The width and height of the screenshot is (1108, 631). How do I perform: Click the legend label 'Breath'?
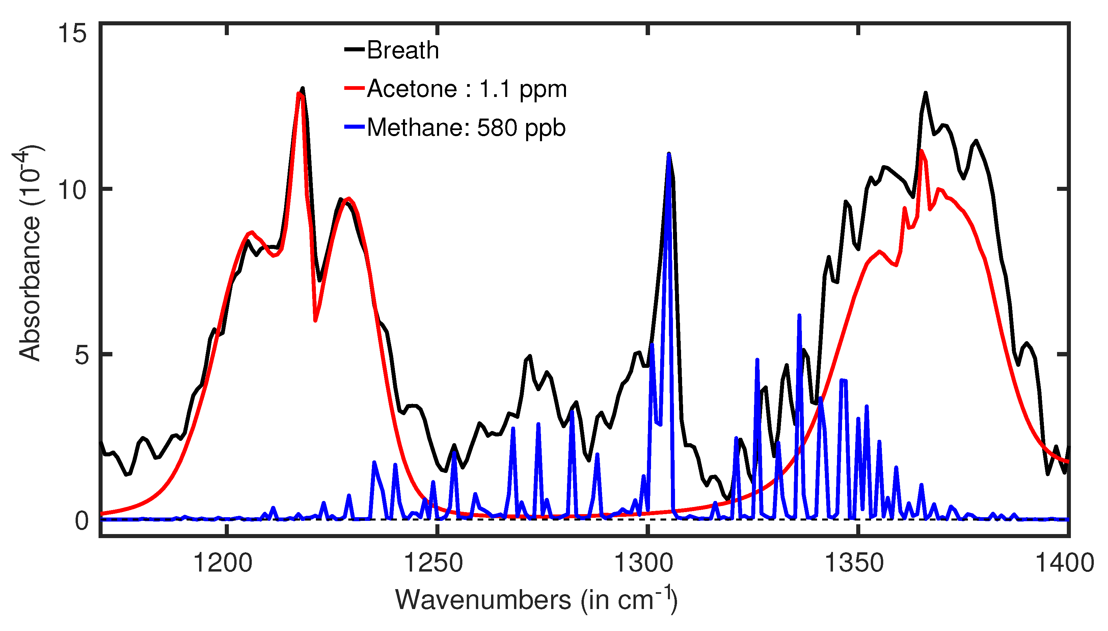[403, 50]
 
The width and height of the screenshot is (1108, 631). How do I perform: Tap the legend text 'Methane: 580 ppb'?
[466, 128]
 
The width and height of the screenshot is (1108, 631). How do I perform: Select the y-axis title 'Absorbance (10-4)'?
[29, 254]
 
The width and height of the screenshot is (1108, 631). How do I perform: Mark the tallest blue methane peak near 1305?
[669, 154]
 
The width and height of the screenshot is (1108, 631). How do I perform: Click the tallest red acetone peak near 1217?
[299, 93]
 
